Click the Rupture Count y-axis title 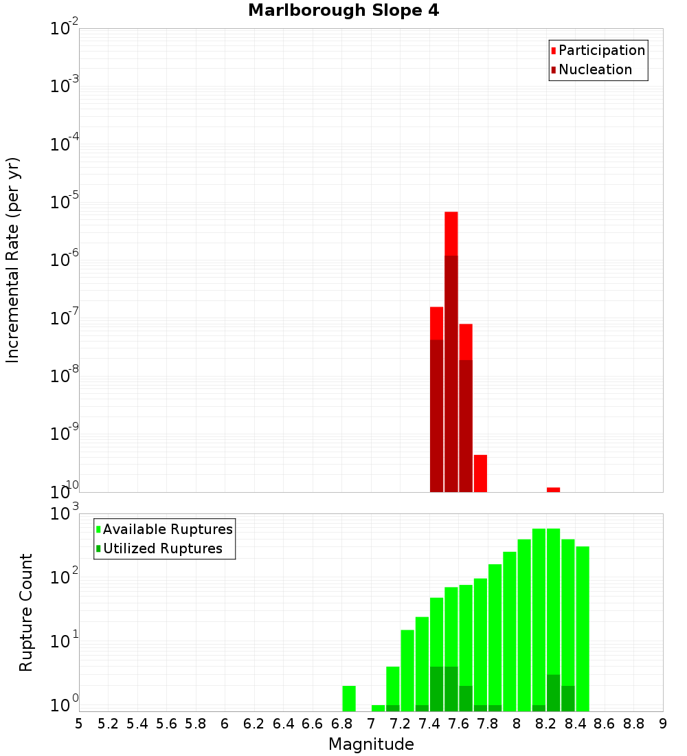point(26,612)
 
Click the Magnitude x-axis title point(371,744)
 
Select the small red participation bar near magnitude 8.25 point(553,489)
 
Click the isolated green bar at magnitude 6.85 point(349,698)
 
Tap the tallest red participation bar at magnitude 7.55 point(451,234)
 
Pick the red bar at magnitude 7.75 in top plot point(480,473)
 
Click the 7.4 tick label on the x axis point(429,724)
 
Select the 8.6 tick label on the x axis point(605,724)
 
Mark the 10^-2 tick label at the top point(64,29)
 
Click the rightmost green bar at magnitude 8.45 point(583,628)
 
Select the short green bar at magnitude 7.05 point(378,708)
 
